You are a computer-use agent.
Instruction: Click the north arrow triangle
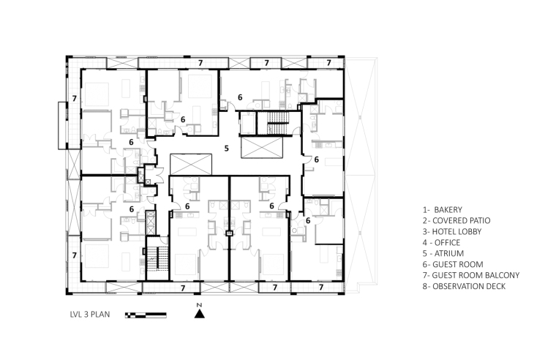point(199,314)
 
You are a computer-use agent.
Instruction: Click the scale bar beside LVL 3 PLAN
point(146,315)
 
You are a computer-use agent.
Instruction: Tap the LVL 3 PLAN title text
point(90,314)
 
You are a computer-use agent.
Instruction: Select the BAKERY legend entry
point(443,209)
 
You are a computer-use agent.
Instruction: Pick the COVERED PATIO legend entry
point(457,221)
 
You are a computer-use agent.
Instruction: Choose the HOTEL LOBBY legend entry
point(452,232)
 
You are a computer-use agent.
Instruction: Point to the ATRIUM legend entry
point(443,253)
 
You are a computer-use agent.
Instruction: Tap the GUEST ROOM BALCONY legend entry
point(471,275)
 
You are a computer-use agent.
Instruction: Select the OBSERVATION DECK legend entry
point(464,286)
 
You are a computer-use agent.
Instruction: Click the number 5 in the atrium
point(227,149)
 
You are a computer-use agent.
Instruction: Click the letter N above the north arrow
point(199,305)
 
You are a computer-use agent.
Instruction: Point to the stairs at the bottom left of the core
point(157,259)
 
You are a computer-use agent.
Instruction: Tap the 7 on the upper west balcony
point(75,98)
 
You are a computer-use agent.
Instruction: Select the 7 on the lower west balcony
point(75,255)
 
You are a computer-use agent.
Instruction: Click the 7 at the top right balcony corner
point(328,63)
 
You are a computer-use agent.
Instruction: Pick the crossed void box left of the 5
point(191,165)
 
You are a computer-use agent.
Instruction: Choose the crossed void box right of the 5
point(262,147)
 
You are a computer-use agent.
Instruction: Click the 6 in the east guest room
point(316,160)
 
